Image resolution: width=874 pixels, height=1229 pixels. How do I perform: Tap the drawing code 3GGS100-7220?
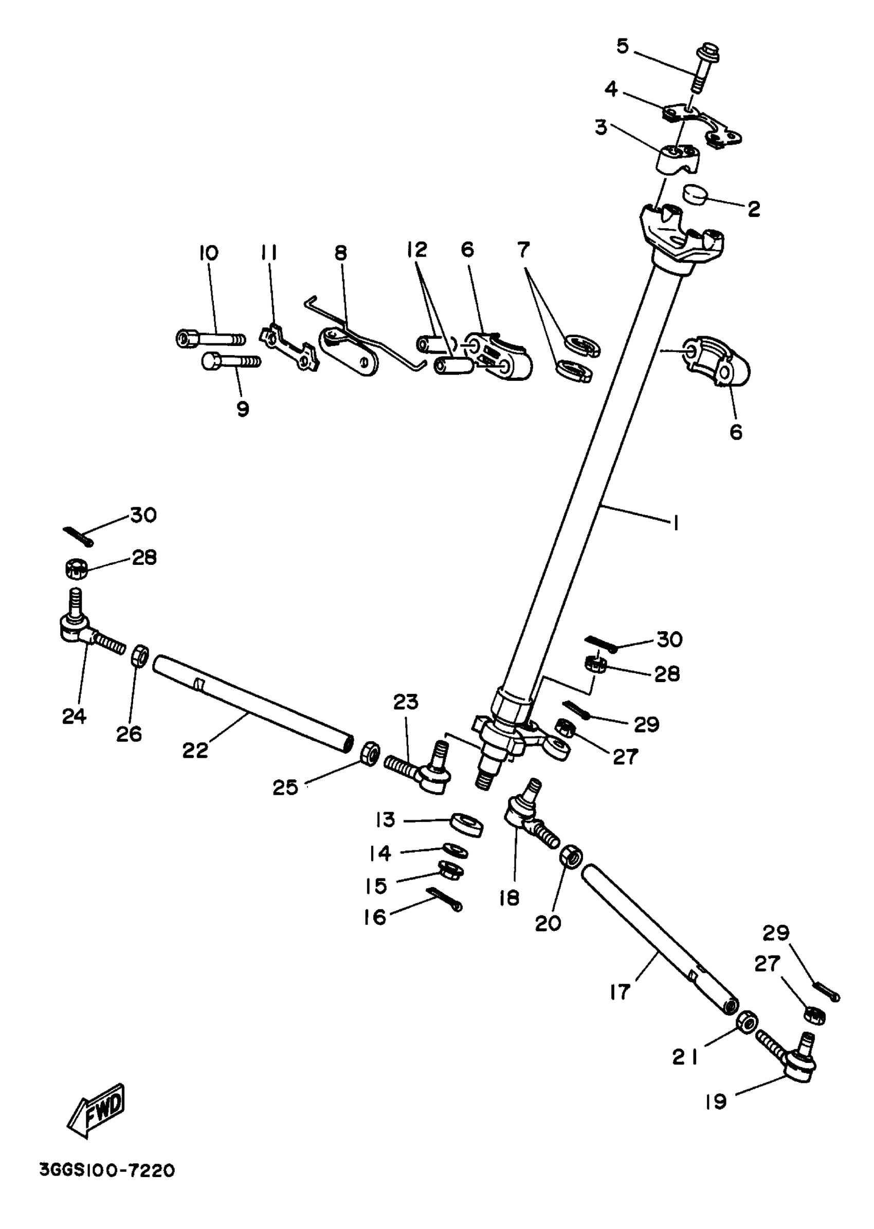pos(107,1171)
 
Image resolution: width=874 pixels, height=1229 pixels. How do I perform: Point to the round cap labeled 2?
pos(697,194)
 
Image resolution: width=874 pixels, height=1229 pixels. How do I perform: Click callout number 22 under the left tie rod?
pos(195,750)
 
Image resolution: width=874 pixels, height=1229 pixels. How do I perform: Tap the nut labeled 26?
pos(140,655)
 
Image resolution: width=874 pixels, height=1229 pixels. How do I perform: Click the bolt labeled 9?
pos(231,361)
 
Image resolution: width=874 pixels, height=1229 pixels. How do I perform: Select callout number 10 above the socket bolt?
pos(209,253)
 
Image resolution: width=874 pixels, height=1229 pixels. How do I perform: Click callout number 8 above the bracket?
pos(341,253)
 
